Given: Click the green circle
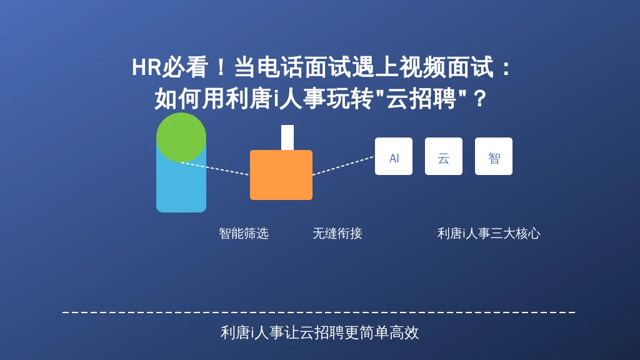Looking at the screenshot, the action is (181, 137).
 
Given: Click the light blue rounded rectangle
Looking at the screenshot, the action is (181, 187).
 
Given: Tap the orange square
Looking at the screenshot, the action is (281, 175).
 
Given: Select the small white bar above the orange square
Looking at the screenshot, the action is (287, 137).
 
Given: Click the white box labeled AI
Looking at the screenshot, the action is (394, 156).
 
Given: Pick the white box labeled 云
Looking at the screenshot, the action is (444, 156).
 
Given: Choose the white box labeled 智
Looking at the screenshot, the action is (494, 156).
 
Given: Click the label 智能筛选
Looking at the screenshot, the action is (244, 234).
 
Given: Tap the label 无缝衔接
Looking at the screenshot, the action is (337, 234).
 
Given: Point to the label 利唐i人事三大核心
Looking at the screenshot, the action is (489, 234).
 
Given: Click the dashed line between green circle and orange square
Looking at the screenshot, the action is (215, 169).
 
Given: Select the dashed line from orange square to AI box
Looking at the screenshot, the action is (344, 166).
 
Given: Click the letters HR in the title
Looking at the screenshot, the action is (146, 67).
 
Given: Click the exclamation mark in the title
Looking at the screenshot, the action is (221, 67).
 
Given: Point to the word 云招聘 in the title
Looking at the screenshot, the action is (421, 99).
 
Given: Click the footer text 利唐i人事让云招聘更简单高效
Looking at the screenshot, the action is (319, 332).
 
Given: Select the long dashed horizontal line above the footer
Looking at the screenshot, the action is (319, 312).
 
